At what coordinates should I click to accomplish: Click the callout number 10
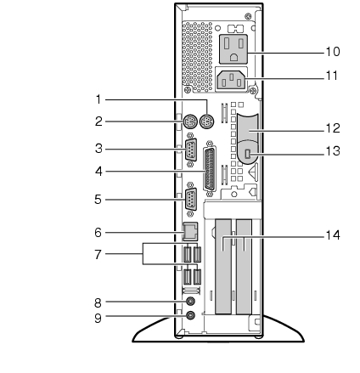point(333,52)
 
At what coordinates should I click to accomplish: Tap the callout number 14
point(333,235)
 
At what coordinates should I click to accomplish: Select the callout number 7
point(98,255)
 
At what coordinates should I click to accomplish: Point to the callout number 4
point(98,172)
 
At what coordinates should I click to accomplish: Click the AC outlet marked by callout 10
point(233,48)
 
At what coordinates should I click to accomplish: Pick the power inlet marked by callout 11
point(231,80)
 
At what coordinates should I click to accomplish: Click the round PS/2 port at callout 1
point(207,122)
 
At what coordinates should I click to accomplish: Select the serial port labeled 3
point(190,150)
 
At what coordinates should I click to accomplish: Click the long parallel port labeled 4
point(210,169)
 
